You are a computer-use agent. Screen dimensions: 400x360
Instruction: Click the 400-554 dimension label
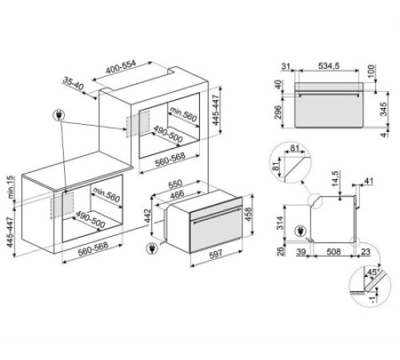[x=121, y=67]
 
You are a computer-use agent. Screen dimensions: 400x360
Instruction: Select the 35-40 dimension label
[x=74, y=83]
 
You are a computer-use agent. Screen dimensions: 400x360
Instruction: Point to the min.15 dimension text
[x=10, y=187]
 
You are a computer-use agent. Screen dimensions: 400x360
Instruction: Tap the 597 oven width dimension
[x=215, y=254]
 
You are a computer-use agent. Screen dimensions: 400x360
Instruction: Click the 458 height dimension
[x=248, y=214]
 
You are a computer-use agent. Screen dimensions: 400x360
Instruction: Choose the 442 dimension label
[x=147, y=216]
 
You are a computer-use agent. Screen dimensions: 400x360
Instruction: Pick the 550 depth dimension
[x=175, y=184]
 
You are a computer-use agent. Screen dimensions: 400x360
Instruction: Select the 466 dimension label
[x=177, y=194]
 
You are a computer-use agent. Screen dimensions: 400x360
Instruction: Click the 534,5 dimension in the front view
[x=329, y=66]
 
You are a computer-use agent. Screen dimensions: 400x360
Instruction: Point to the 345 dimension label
[x=383, y=109]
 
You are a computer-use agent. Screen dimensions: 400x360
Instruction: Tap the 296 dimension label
[x=278, y=113]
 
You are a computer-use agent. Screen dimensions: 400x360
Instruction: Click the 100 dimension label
[x=371, y=70]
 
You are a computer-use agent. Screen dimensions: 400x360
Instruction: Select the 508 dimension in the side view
[x=334, y=251]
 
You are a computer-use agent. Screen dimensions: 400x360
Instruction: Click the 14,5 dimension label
[x=335, y=178]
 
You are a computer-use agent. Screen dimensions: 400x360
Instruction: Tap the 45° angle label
[x=373, y=273]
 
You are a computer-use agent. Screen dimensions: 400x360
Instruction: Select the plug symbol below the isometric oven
[x=152, y=249]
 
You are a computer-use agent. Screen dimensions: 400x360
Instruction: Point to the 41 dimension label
[x=369, y=181]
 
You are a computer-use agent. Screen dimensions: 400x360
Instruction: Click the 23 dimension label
[x=366, y=251]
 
